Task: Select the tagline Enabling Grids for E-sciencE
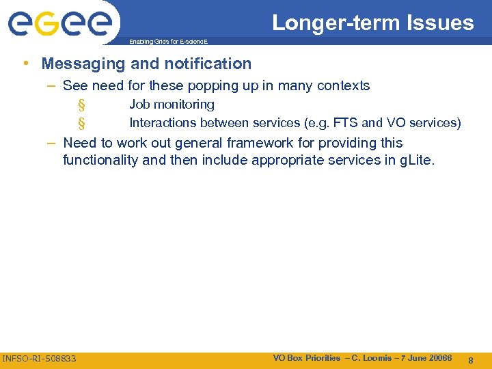(168, 42)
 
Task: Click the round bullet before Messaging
(25, 64)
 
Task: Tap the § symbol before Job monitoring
(81, 105)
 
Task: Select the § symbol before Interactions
(81, 124)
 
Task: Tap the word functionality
(103, 161)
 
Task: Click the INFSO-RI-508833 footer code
(40, 359)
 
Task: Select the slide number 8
(471, 359)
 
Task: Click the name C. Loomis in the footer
(374, 358)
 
